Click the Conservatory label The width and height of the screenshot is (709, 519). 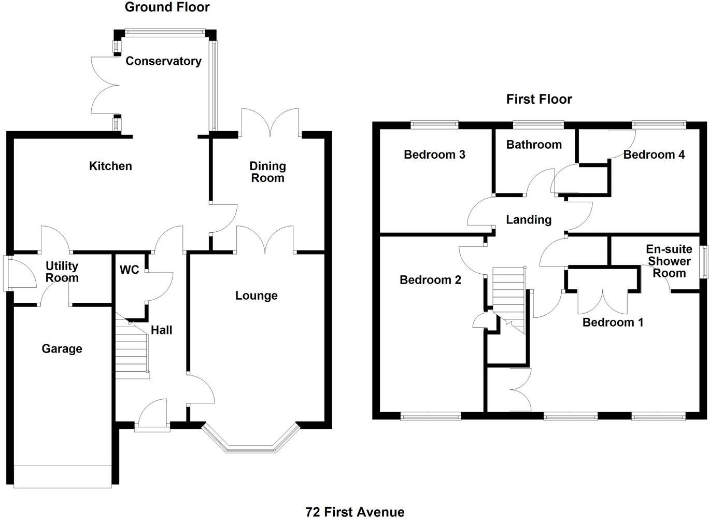point(163,61)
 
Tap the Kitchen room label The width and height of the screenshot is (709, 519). point(110,166)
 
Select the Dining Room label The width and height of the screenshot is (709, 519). point(267,172)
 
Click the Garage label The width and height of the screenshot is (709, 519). point(62,349)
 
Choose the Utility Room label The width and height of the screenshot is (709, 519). point(62,272)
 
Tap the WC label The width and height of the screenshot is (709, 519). point(129,270)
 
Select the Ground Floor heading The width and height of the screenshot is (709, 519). point(167,7)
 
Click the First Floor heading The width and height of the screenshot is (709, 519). point(539,99)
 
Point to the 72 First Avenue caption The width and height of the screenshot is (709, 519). point(355,512)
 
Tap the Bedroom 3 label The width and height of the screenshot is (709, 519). point(434,155)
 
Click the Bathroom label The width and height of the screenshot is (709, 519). point(534,145)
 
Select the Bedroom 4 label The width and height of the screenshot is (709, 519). point(654,155)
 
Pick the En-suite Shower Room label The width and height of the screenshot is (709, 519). point(669,261)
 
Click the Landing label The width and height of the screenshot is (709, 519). point(528,220)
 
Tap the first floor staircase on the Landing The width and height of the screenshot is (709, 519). point(509,296)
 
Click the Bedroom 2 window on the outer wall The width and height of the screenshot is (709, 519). point(430,415)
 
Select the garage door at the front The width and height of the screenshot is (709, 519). point(63,476)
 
